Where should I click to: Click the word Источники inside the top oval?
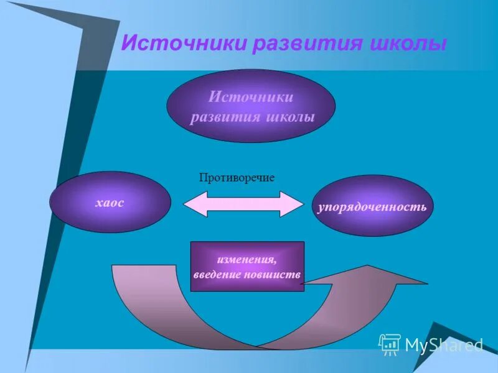tap(250, 98)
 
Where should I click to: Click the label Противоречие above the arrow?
tap(237, 178)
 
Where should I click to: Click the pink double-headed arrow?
tap(242, 204)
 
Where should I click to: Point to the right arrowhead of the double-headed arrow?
tap(290, 204)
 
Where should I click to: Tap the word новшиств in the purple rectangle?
tap(276, 274)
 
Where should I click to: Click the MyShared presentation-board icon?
tap(390, 344)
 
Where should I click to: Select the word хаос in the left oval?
tap(110, 203)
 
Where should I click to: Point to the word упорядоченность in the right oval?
tap(372, 206)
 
